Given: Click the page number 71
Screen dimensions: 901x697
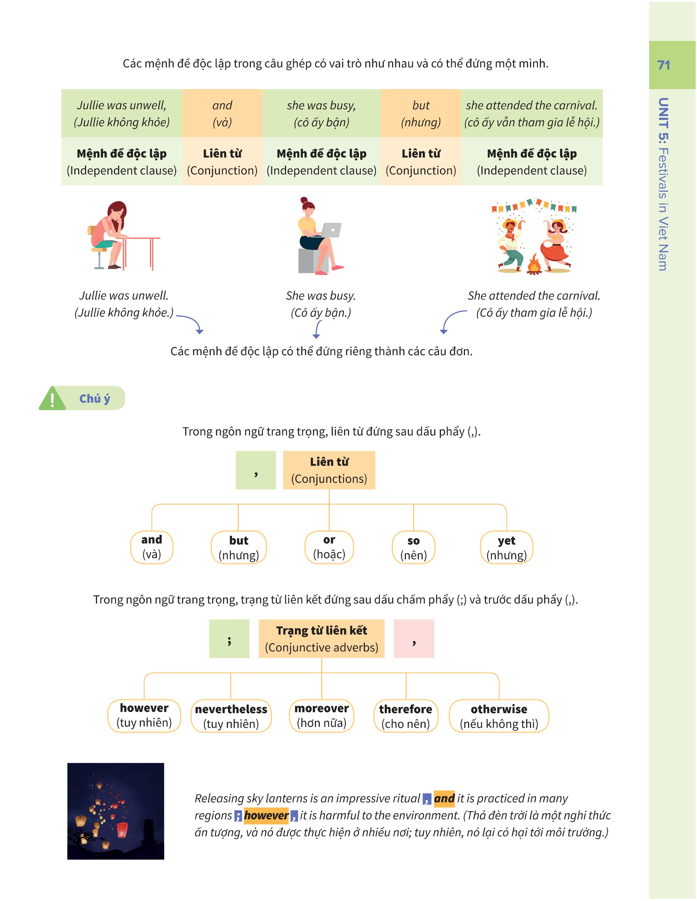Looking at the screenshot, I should coord(663,65).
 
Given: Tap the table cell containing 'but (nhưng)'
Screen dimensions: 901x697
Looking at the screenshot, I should coord(420,114).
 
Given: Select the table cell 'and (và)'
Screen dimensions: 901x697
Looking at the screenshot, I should coord(222,114).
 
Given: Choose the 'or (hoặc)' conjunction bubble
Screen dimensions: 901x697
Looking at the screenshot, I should coord(329,547).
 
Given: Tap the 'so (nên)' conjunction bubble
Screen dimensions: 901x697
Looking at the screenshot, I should coord(413,547).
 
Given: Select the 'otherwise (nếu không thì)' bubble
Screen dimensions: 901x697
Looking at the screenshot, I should coord(499,716).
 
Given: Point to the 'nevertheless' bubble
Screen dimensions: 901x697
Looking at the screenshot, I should coord(231,716).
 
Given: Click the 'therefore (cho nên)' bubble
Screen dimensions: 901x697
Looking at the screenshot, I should coord(405,716).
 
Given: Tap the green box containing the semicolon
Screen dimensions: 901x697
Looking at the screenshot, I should coord(229,639).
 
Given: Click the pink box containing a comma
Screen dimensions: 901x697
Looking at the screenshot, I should coord(414,639).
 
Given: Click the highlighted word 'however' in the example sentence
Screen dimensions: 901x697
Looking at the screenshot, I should coord(266,816).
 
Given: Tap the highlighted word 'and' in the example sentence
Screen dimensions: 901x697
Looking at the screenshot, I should coord(444,799).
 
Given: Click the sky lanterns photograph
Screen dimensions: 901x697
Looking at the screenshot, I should coord(116,811).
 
